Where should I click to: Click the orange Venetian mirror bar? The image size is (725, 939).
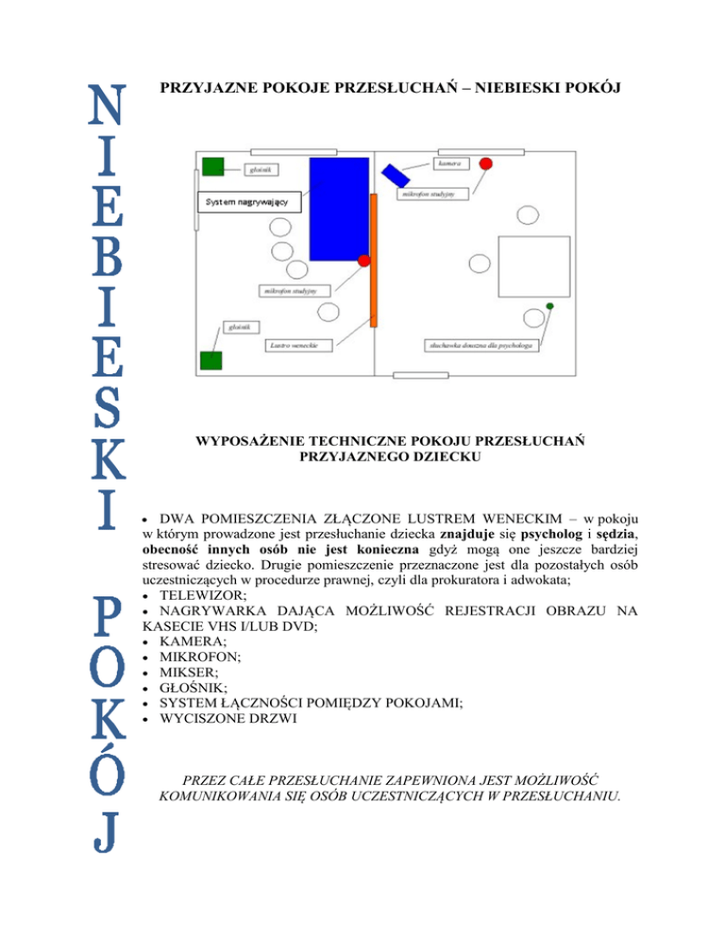click(374, 260)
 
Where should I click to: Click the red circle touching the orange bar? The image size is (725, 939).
click(364, 259)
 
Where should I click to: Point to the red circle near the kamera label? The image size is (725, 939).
click(486, 163)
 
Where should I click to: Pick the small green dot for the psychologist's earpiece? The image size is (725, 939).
click(550, 306)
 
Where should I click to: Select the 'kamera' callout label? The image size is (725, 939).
click(449, 163)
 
